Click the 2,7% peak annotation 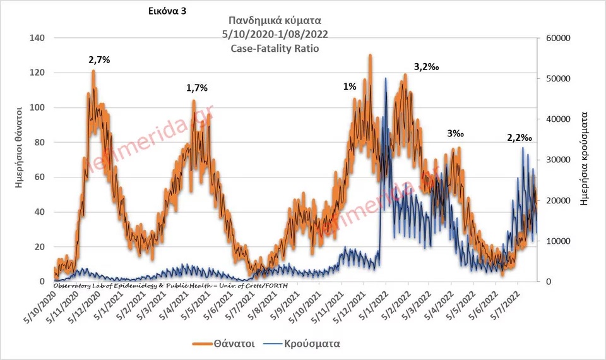tap(100, 61)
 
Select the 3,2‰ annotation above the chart tap(426, 66)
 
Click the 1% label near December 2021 tap(350, 87)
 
